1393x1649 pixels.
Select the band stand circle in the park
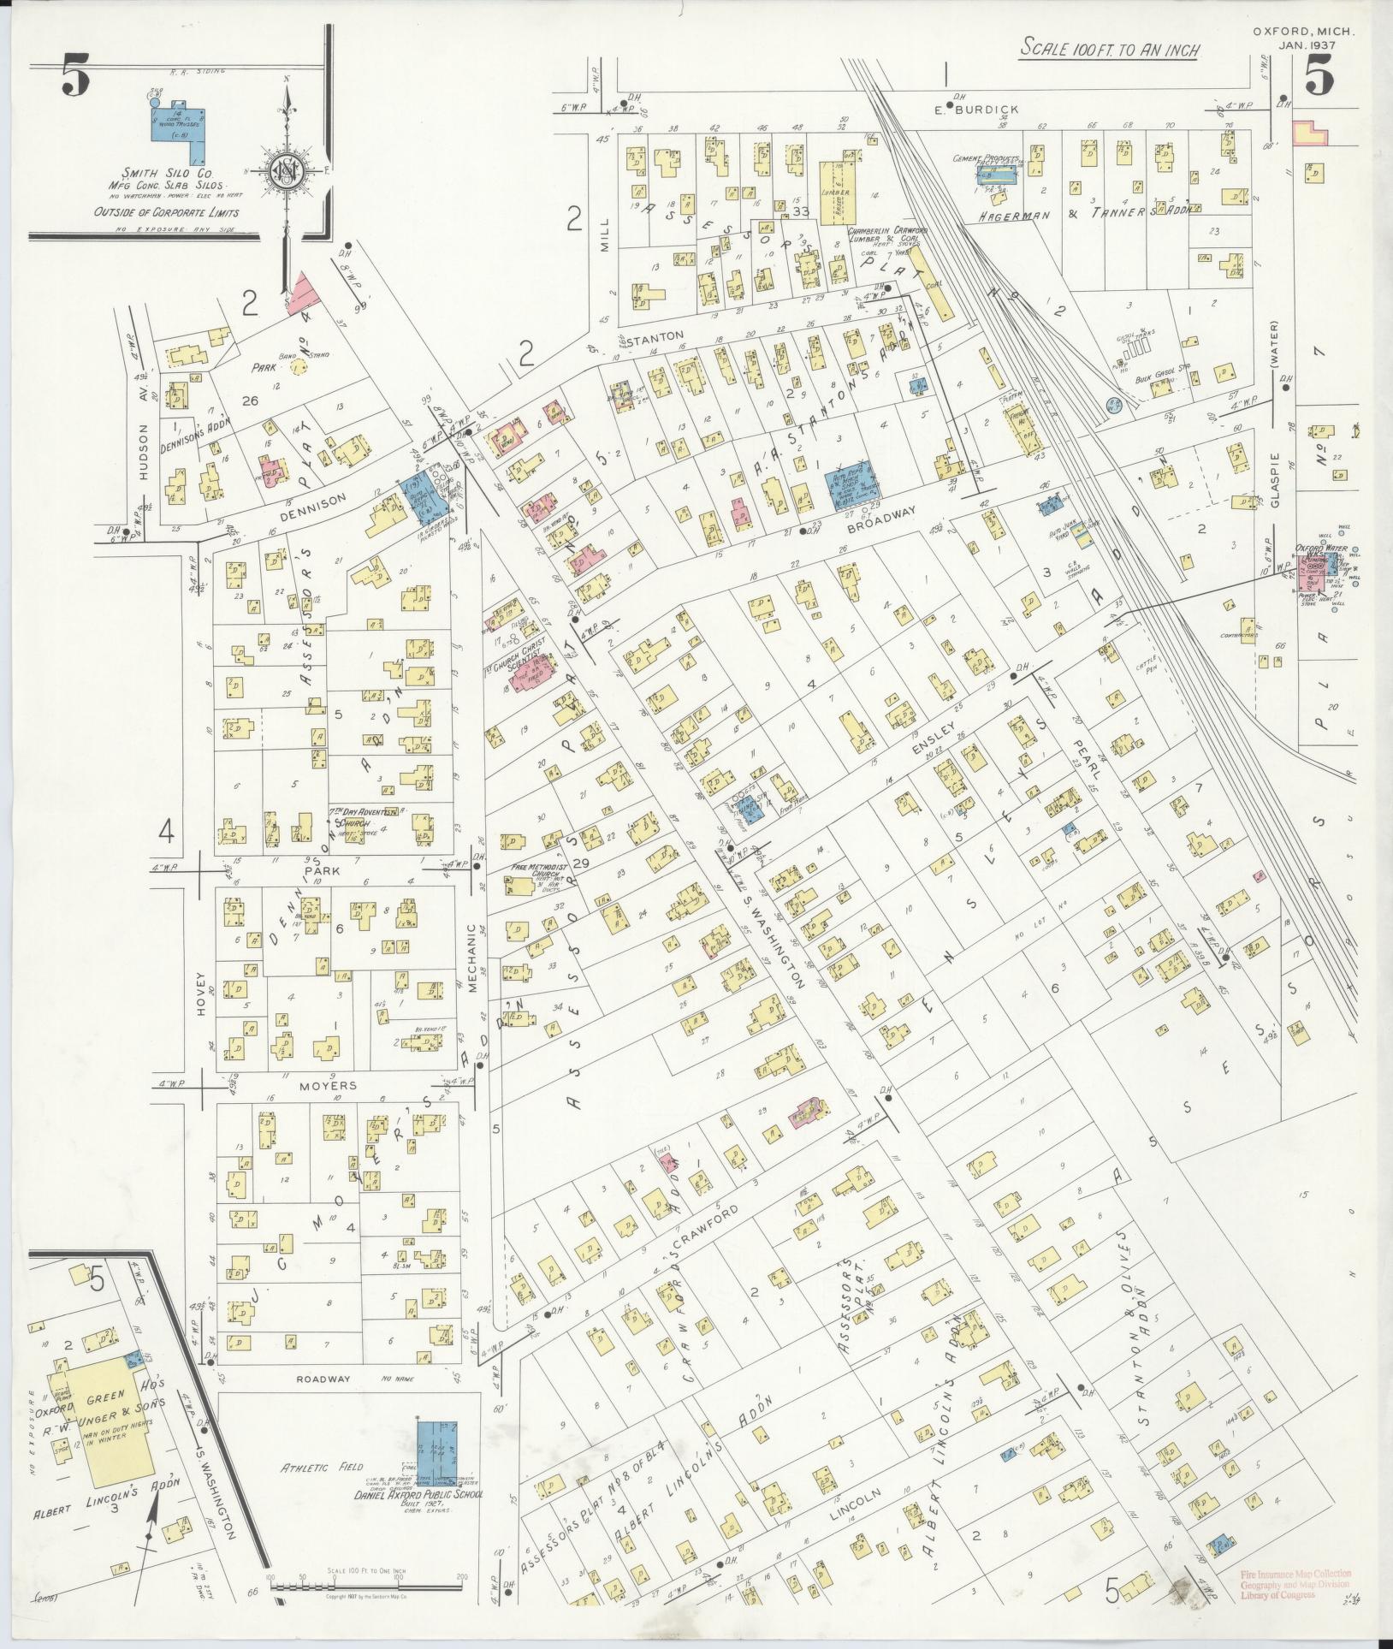click(x=299, y=366)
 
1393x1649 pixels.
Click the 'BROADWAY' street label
click(x=884, y=513)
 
